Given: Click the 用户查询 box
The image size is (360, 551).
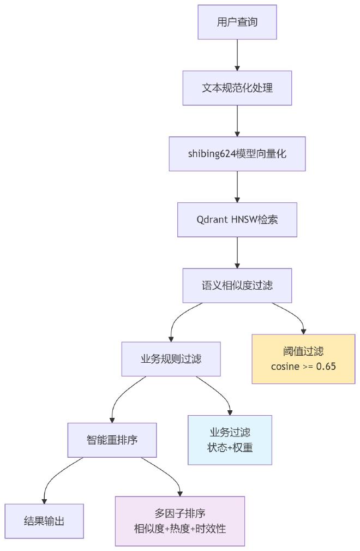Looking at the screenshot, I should (237, 22).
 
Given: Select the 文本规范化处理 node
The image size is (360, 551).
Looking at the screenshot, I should (237, 88).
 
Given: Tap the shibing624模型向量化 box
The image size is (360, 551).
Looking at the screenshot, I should (237, 154).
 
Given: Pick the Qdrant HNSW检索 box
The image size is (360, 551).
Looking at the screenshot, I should (237, 220).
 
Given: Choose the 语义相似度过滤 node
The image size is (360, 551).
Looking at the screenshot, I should (237, 285).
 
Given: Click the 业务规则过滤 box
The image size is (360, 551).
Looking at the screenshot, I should (171, 359).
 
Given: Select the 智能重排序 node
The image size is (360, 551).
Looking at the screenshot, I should (112, 440).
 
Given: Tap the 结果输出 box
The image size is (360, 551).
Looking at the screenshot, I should (44, 521).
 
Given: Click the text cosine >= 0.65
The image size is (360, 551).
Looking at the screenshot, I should (303, 366).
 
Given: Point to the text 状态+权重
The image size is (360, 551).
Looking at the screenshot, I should (230, 447).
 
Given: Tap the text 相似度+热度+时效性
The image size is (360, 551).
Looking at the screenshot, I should (180, 528).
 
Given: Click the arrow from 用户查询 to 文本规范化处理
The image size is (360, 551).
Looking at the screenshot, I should (237, 55).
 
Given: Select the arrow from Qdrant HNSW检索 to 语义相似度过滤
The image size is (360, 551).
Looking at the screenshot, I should (237, 252).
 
